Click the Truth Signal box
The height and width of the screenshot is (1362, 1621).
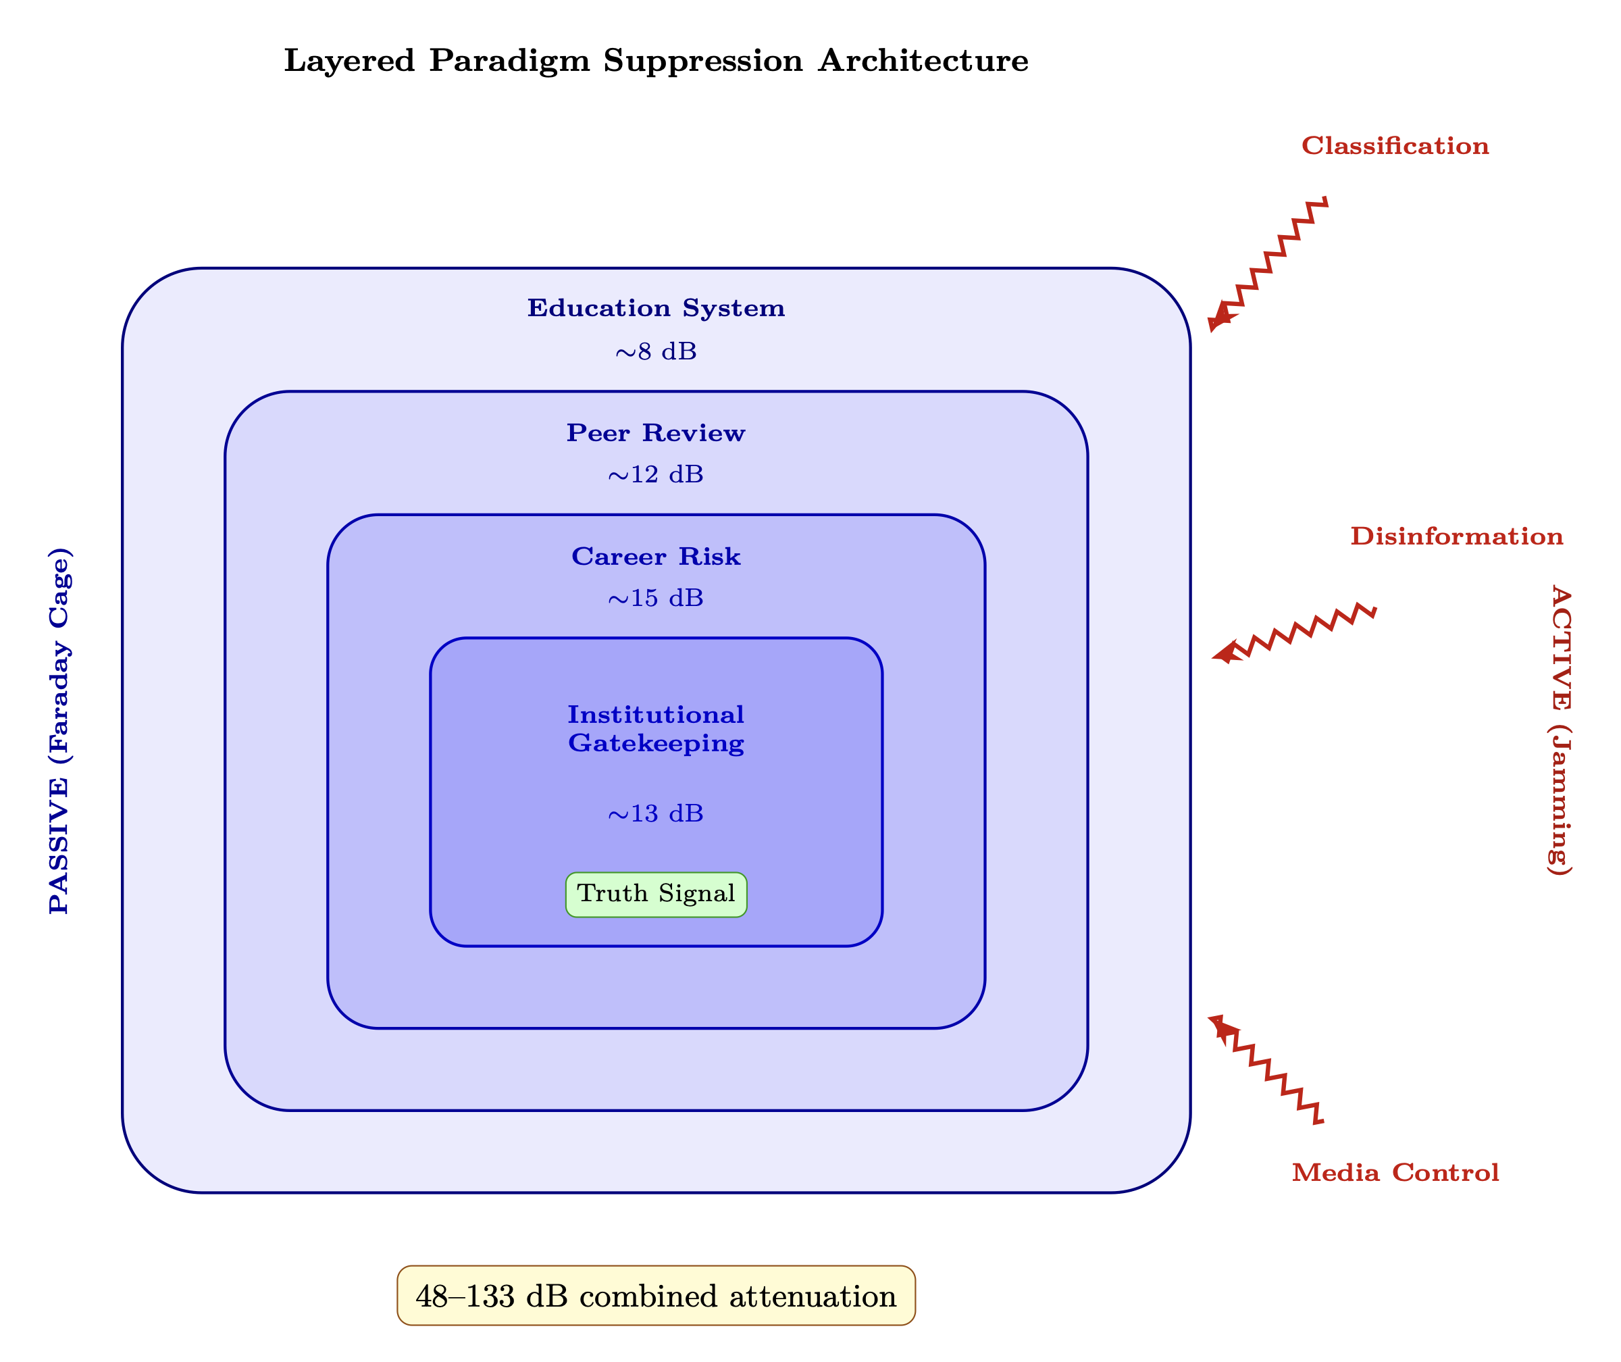point(656,894)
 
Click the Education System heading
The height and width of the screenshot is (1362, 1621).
point(656,308)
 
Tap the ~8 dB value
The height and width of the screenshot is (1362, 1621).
point(656,352)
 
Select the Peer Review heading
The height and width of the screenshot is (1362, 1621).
point(656,433)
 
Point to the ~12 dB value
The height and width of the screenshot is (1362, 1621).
point(656,474)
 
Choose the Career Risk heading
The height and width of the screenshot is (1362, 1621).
point(656,557)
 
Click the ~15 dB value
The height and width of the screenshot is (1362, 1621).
point(656,599)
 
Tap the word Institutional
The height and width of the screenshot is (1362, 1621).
point(656,715)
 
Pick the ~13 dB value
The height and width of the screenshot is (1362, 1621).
point(656,814)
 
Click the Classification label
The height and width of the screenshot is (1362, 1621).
point(1395,146)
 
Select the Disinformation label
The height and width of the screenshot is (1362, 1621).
point(1456,536)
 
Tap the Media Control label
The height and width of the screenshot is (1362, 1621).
point(1395,1173)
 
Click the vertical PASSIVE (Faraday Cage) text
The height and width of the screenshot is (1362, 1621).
point(59,730)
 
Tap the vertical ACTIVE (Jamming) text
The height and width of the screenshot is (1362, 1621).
point(1560,730)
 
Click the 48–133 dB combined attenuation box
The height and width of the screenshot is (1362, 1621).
point(656,1296)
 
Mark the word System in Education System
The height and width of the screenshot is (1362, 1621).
point(734,308)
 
